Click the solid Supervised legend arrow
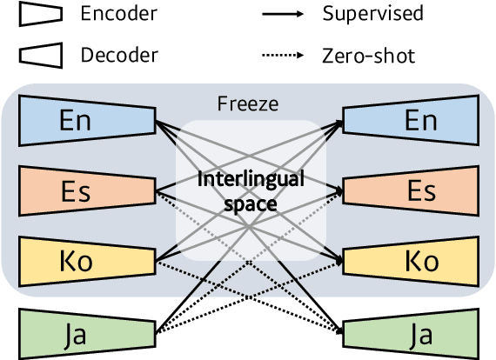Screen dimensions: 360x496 pyautogui.click(x=283, y=15)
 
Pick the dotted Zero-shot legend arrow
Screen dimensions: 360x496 pyautogui.click(x=283, y=56)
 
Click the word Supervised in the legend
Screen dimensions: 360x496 pyautogui.click(x=372, y=14)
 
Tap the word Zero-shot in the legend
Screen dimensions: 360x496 pyautogui.click(x=368, y=56)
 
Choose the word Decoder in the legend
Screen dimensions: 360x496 pyautogui.click(x=118, y=56)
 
